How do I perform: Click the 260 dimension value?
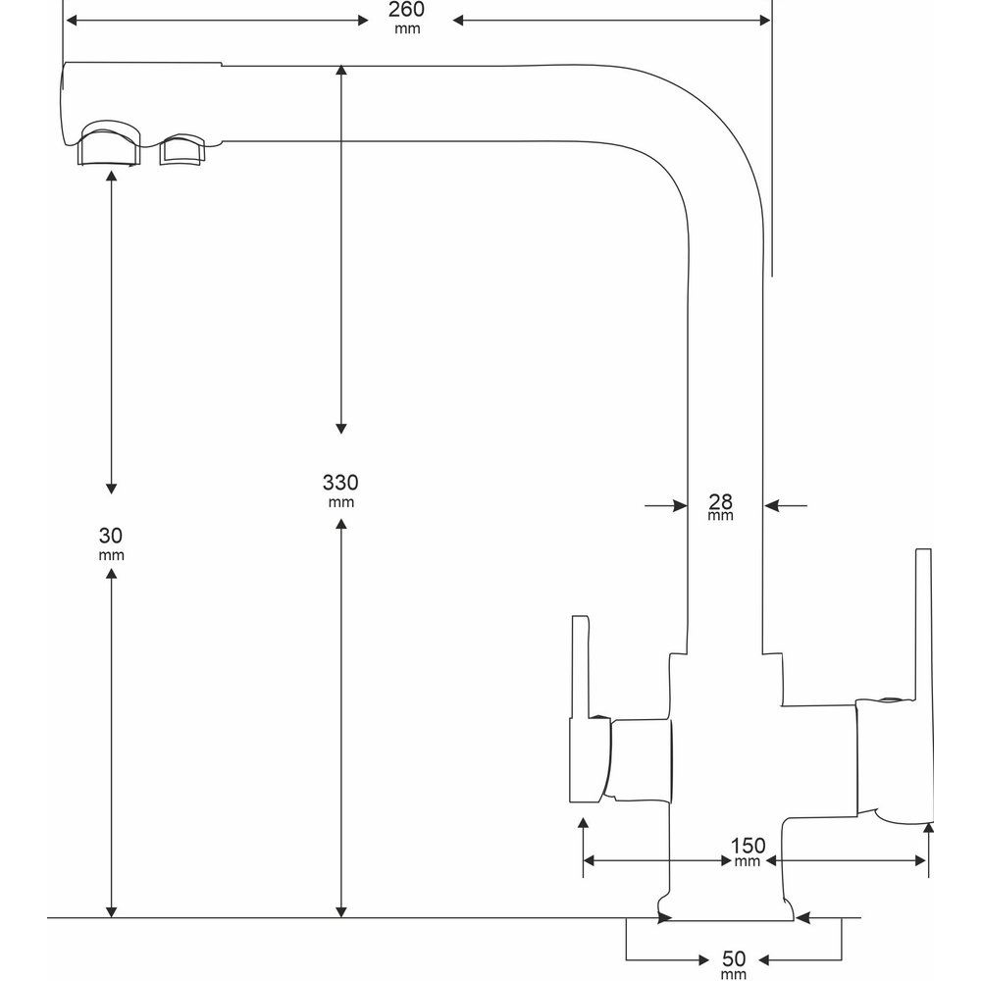[406, 10]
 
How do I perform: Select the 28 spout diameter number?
[720, 501]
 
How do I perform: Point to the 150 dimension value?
[748, 846]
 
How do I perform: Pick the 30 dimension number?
[111, 536]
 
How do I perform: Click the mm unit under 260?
[406, 28]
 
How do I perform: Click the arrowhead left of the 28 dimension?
[680, 505]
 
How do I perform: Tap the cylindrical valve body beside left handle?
[641, 757]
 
